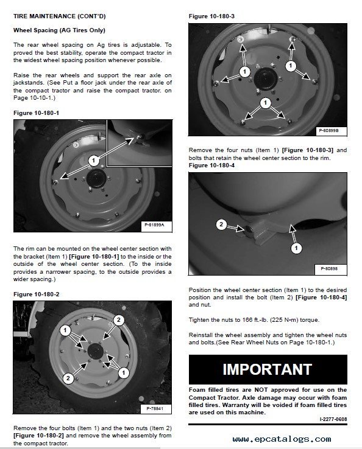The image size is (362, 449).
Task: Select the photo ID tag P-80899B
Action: pos(332,130)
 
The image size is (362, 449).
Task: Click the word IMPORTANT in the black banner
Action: pos(267,369)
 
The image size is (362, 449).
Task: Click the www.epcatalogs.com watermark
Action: pos(282,439)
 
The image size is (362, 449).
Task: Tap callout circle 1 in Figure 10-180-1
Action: pos(93,161)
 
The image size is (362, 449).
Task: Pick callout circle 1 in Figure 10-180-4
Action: pos(296,248)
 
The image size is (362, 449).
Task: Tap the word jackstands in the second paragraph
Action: pos(29,81)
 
